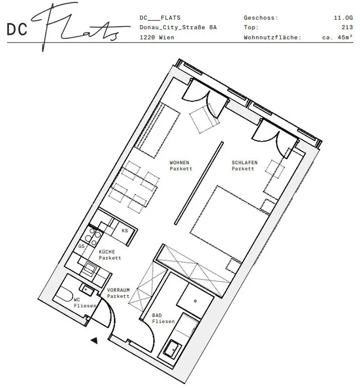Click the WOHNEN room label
[x=179, y=163]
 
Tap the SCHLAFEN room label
[x=245, y=163]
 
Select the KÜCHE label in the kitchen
[x=107, y=252]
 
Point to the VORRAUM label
[x=118, y=290]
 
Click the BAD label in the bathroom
[x=157, y=315]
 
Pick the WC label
[x=76, y=300]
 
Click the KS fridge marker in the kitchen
[x=125, y=231]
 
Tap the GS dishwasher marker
[x=82, y=246]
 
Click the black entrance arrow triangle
[x=94, y=341]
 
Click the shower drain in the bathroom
[x=195, y=301]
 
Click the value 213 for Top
[x=347, y=27]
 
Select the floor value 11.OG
[x=343, y=17]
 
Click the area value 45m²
[x=345, y=37]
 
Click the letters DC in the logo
[x=17, y=29]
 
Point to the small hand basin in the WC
[x=87, y=289]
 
